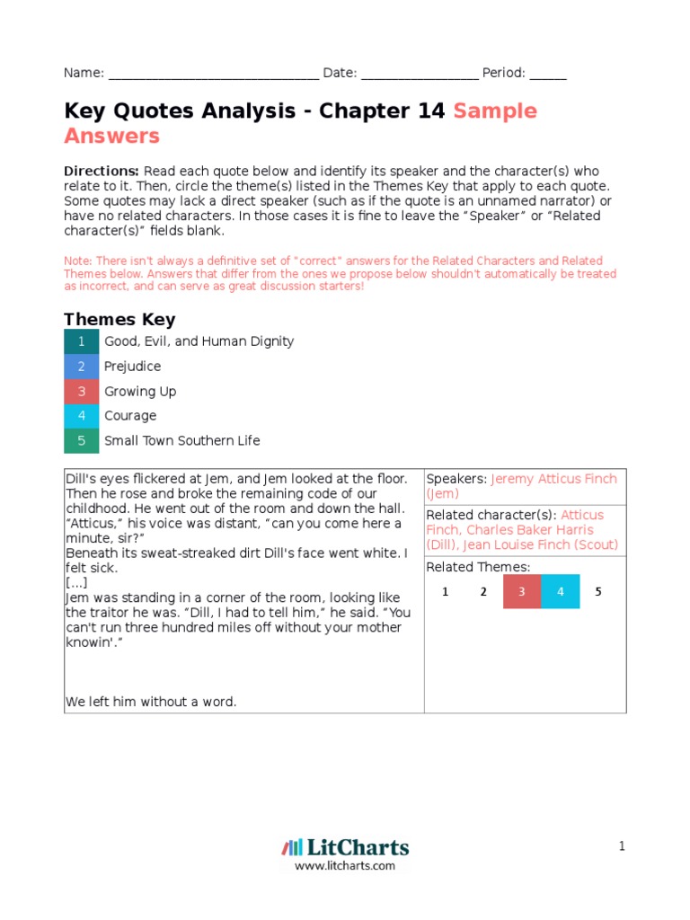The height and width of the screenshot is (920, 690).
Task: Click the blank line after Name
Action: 212,75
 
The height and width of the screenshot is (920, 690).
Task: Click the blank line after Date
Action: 420,75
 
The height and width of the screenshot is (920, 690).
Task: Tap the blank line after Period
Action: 548,75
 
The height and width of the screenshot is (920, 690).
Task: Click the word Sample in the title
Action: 495,111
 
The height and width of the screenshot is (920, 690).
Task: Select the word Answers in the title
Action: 111,136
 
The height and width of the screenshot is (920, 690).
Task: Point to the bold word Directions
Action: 101,171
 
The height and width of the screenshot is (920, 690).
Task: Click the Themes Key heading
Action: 119,319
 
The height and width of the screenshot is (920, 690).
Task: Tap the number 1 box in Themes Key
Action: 82,341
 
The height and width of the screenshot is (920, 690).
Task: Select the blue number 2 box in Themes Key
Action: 82,367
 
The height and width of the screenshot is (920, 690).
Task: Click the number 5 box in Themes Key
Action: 82,440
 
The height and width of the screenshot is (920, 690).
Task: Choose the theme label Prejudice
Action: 132,367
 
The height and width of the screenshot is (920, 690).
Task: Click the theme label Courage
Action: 130,416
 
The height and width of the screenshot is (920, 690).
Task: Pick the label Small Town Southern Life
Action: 181,440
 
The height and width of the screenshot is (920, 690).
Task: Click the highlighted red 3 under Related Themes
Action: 521,591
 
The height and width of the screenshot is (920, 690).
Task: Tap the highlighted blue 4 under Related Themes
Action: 560,591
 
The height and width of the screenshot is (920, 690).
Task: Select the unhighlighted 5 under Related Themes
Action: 598,591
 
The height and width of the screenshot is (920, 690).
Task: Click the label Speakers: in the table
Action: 456,479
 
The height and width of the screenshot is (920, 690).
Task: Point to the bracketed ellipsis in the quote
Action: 76,582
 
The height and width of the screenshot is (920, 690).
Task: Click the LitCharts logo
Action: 345,847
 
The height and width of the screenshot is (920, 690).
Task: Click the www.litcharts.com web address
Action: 345,866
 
